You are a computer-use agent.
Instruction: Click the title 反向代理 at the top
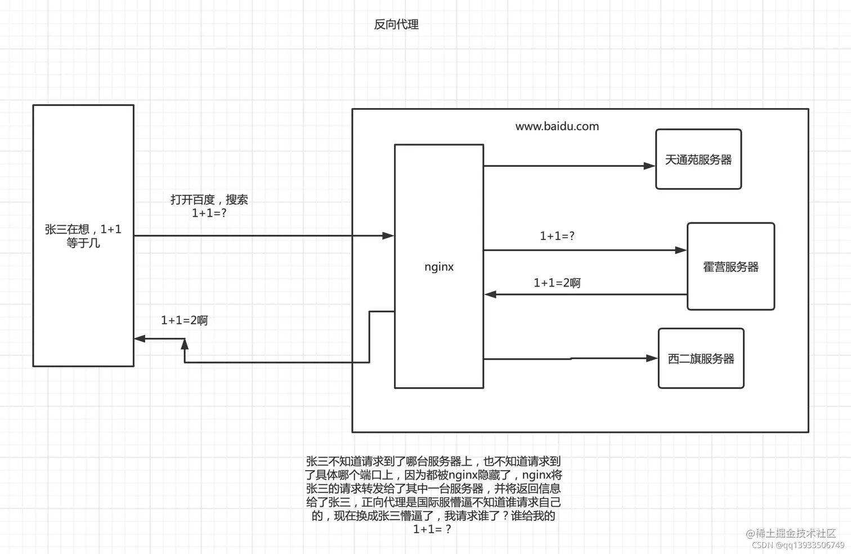pyautogui.click(x=396, y=24)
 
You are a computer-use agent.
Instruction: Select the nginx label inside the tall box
pyautogui.click(x=439, y=267)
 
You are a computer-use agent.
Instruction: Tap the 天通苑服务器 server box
pyautogui.click(x=698, y=159)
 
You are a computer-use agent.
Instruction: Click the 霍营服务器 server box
pyautogui.click(x=731, y=267)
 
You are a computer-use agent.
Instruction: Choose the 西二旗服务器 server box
pyautogui.click(x=701, y=359)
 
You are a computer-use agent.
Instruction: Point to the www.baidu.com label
pyautogui.click(x=557, y=127)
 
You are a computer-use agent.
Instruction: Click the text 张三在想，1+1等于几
pyautogui.click(x=83, y=236)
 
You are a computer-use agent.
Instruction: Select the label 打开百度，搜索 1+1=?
pyautogui.click(x=209, y=206)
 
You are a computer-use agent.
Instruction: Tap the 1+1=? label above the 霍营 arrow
pyautogui.click(x=557, y=236)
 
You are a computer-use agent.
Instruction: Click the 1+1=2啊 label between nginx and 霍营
pyautogui.click(x=557, y=283)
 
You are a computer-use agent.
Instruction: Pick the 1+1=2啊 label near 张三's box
pyautogui.click(x=184, y=320)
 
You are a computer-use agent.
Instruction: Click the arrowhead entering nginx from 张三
pyautogui.click(x=388, y=236)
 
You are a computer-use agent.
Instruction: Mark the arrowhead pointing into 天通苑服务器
pyautogui.click(x=649, y=166)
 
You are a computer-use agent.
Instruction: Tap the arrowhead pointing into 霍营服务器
pyautogui.click(x=680, y=250)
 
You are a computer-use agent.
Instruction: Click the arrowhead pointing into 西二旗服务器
pyautogui.click(x=652, y=358)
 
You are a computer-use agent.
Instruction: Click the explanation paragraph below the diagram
pyautogui.click(x=433, y=495)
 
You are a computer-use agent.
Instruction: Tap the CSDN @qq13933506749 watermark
pyautogui.click(x=798, y=545)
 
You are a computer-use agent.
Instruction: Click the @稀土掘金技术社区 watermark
pyautogui.click(x=791, y=533)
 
